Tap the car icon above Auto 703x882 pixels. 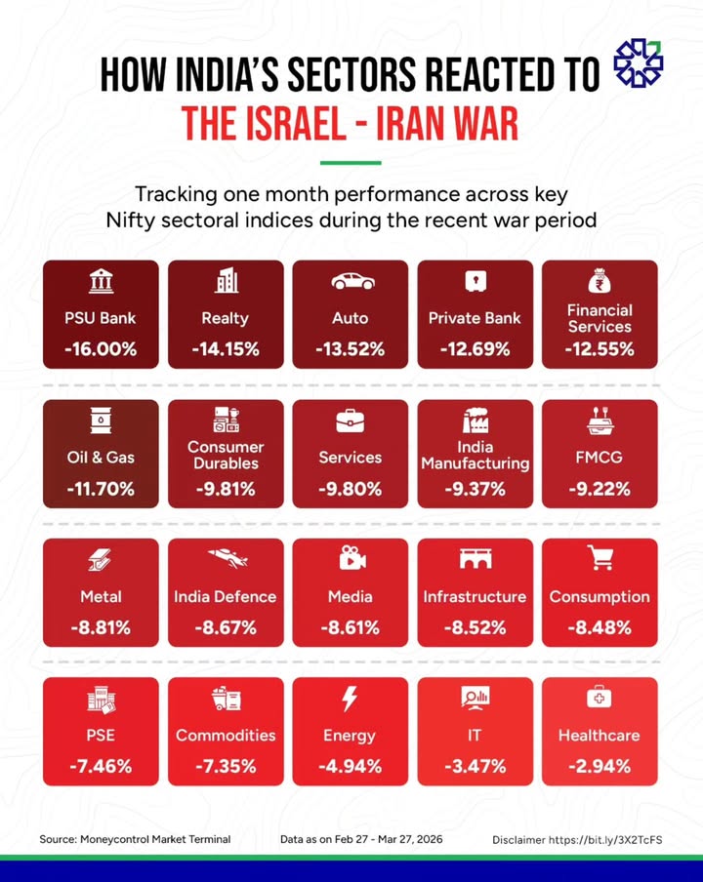click(351, 282)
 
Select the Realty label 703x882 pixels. click(226, 318)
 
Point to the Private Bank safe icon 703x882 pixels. click(476, 282)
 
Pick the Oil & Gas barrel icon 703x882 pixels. click(101, 421)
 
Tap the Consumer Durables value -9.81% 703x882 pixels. click(226, 489)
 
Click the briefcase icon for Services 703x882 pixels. click(351, 421)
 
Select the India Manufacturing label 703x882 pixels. click(476, 456)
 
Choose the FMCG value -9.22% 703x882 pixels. click(600, 489)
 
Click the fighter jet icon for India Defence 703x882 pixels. click(226, 559)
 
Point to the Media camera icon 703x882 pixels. click(351, 559)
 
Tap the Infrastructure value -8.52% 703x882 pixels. click(476, 628)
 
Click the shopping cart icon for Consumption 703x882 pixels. click(600, 559)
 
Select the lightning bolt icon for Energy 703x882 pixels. click(351, 699)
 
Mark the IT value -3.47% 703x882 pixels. click(476, 767)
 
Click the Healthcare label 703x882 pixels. click(600, 736)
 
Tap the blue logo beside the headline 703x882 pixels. click(638, 65)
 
